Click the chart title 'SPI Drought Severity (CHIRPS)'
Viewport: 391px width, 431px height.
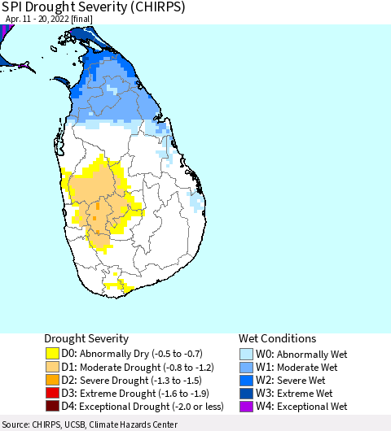pyautogui.click(x=93, y=7)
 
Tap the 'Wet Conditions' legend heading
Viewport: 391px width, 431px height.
pyautogui.click(x=277, y=338)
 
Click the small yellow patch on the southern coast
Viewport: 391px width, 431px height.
pyautogui.click(x=121, y=285)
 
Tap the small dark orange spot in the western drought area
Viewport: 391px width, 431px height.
pyautogui.click(x=97, y=208)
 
